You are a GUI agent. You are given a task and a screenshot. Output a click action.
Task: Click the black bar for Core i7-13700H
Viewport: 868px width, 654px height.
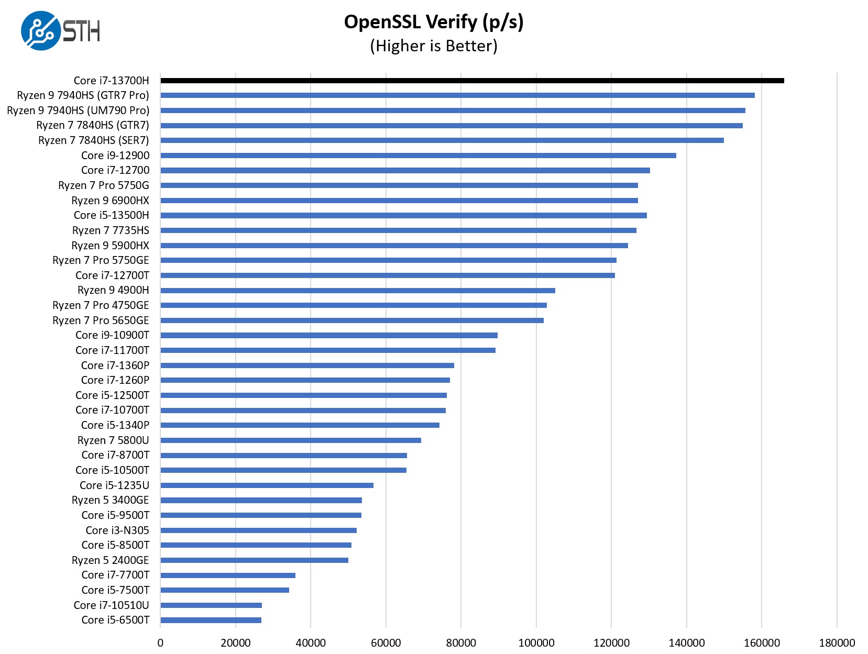point(471,81)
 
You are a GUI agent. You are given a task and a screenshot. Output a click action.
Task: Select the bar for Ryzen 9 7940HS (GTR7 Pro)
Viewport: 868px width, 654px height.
point(457,95)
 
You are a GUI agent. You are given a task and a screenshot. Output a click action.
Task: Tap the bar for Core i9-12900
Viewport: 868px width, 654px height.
point(418,156)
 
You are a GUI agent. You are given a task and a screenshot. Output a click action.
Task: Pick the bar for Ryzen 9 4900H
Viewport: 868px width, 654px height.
point(358,291)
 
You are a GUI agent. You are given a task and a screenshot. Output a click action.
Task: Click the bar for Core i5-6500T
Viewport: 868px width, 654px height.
point(211,620)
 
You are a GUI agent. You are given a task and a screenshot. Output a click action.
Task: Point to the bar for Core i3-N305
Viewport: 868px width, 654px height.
point(258,530)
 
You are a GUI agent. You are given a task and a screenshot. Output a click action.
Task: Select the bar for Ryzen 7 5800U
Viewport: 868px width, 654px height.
point(291,440)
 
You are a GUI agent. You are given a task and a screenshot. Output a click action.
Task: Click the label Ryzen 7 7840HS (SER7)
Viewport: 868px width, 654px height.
point(94,140)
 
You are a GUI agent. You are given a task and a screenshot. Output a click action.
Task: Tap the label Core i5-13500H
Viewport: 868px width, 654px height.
point(111,215)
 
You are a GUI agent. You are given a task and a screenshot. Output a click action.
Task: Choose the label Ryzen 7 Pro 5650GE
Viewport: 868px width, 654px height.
point(101,320)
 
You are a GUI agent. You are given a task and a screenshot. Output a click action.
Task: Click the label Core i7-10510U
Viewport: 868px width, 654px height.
point(111,605)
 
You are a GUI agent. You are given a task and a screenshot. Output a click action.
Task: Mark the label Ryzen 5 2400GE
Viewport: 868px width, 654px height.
point(110,560)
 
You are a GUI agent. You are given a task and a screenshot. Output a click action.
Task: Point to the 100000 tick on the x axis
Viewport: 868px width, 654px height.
point(536,643)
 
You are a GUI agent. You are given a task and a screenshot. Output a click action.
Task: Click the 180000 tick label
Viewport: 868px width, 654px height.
point(837,643)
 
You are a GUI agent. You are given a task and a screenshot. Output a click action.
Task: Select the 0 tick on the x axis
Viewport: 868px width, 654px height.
point(160,643)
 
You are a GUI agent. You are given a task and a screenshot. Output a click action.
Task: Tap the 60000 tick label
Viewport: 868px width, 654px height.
point(386,643)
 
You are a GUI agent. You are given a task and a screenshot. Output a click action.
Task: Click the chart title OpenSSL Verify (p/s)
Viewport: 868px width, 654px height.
point(434,22)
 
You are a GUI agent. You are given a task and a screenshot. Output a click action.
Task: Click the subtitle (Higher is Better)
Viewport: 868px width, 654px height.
point(434,46)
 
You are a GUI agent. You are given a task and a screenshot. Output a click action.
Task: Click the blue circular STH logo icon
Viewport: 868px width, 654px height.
point(40,31)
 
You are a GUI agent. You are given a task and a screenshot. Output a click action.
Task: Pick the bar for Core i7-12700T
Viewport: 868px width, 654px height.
point(388,275)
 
